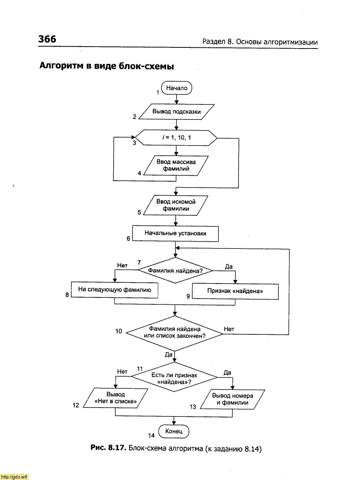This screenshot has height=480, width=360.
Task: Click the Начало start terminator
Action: point(177,88)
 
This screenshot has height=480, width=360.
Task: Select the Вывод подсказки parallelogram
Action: point(176,112)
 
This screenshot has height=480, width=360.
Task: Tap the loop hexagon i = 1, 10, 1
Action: point(176,138)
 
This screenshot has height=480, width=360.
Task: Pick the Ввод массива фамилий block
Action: point(176,165)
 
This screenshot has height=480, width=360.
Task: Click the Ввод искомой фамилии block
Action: point(176,205)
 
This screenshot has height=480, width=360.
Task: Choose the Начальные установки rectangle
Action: point(175,233)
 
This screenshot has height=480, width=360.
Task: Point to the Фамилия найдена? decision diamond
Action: point(175,270)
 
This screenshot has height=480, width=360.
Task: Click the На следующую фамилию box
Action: point(114,290)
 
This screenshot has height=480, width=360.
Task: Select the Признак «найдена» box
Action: point(235,291)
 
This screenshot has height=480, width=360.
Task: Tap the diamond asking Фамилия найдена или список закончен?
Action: point(175,333)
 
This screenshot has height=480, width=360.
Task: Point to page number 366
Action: point(47,39)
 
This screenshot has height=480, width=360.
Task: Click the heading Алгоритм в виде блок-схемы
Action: point(107,66)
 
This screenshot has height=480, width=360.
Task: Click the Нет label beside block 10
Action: point(229,329)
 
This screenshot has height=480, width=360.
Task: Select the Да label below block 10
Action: point(168,355)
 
